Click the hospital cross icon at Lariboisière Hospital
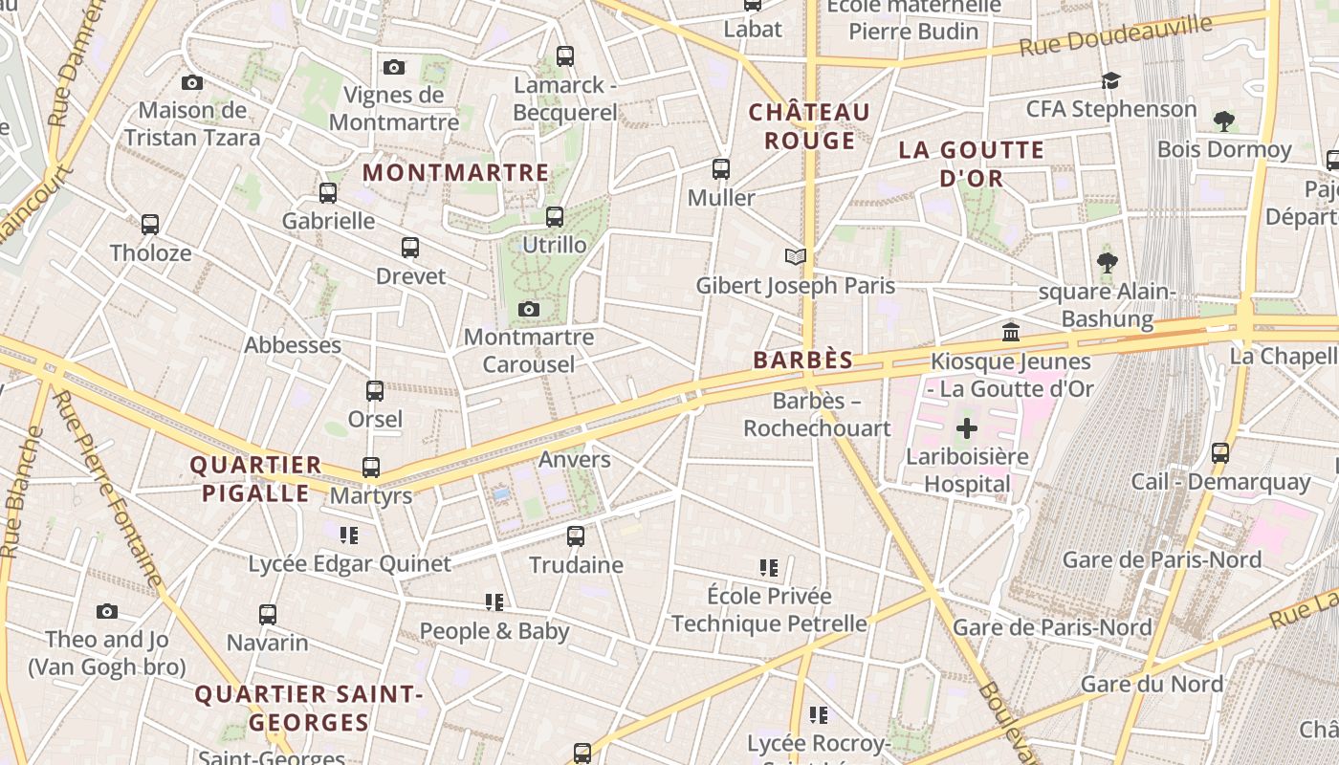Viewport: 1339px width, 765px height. (x=966, y=427)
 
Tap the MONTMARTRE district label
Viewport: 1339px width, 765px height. (x=456, y=173)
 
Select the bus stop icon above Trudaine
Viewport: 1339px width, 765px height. (x=576, y=536)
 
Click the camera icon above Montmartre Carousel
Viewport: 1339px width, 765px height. (x=528, y=309)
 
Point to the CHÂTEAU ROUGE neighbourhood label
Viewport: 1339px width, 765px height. (x=809, y=126)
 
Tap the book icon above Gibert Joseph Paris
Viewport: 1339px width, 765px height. (x=795, y=256)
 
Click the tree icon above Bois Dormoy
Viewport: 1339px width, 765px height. (x=1223, y=120)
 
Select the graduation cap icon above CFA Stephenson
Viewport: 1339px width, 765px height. (x=1110, y=80)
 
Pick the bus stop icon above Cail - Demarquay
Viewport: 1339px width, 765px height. (x=1220, y=453)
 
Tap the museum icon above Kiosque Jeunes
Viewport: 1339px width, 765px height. (x=1011, y=333)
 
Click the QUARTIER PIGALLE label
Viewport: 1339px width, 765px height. (x=255, y=479)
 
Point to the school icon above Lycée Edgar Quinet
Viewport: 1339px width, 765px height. (x=349, y=535)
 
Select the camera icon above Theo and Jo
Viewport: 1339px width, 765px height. (x=107, y=611)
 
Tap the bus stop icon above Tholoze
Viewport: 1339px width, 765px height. (x=150, y=225)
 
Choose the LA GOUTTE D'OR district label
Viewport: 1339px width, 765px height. (x=971, y=164)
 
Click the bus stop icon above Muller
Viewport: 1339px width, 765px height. (x=721, y=169)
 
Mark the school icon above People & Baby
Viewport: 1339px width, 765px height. (x=494, y=601)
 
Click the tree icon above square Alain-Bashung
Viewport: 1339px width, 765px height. (x=1108, y=262)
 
